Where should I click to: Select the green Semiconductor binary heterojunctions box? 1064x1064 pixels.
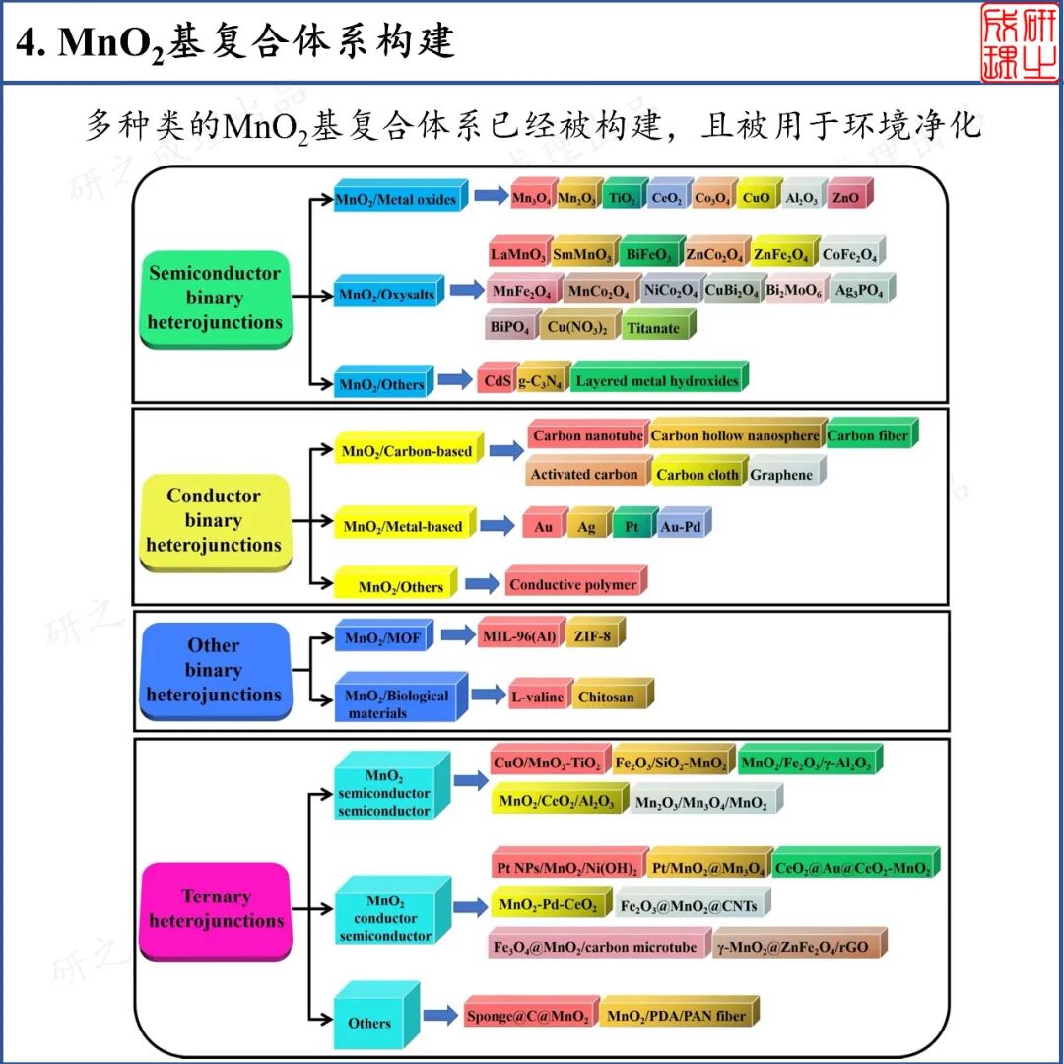click(215, 299)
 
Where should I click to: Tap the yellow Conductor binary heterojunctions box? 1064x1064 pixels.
click(214, 521)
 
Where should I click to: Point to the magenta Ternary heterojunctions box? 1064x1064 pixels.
click(215, 909)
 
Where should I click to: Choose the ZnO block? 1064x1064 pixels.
click(846, 198)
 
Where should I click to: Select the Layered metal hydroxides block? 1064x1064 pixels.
click(657, 381)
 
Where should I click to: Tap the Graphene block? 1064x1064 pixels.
click(783, 474)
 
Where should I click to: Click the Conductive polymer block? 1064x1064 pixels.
click(573, 584)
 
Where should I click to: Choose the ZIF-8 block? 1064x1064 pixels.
click(595, 636)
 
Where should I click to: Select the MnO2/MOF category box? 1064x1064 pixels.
click(383, 638)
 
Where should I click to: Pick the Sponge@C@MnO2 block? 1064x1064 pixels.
click(529, 1016)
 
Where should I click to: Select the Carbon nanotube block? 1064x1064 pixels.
click(587, 435)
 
